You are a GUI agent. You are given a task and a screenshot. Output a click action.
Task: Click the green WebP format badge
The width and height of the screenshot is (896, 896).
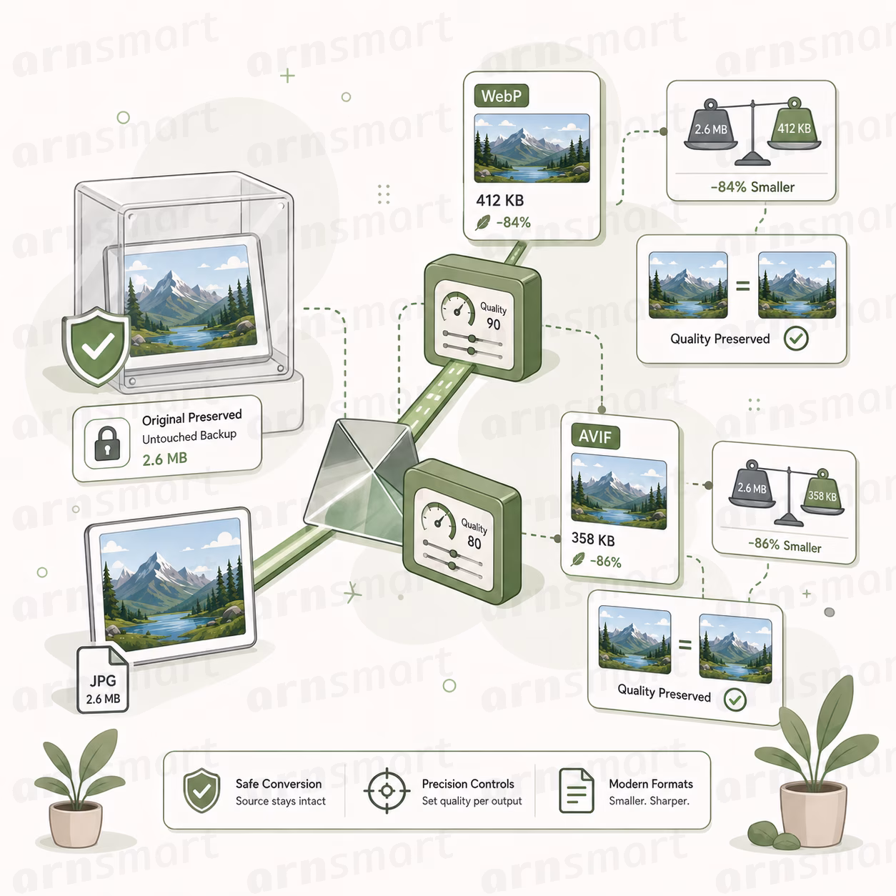pos(502,96)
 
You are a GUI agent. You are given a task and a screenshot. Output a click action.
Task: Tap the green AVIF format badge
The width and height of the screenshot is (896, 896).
pos(595,437)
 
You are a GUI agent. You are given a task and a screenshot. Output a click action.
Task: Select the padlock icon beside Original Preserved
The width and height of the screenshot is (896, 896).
pos(107,444)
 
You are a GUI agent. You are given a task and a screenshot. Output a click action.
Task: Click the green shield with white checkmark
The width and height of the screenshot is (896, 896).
pos(96,346)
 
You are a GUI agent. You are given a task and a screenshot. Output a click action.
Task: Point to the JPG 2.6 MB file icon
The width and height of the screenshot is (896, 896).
pos(103,680)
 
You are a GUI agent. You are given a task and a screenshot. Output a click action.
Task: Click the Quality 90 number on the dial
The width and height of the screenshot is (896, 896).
pos(493,324)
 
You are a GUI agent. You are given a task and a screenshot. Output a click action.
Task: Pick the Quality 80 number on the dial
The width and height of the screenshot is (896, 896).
pos(474,542)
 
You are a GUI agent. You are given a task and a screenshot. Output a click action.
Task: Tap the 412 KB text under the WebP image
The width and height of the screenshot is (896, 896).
pos(500,200)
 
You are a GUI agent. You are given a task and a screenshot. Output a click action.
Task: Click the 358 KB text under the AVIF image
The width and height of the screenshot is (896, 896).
pos(593,539)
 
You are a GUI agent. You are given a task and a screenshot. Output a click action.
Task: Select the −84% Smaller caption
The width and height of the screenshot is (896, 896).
pos(752,187)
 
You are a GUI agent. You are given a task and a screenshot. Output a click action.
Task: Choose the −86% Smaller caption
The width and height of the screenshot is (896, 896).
pos(785,545)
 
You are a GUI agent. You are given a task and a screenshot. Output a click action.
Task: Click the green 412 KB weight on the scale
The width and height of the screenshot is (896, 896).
pos(794,124)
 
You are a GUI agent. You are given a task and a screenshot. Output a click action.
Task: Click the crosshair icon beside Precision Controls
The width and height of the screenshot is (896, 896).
pos(387,791)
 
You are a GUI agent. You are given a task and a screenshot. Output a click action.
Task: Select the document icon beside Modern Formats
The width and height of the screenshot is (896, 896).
pos(576,790)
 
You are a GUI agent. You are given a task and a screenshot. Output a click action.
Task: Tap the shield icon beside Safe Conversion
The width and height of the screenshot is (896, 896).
pos(201,790)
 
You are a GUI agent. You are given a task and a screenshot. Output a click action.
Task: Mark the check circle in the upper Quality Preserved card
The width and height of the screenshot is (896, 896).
pos(795,339)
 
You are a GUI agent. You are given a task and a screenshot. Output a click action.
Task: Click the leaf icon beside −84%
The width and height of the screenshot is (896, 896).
pos(482,222)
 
